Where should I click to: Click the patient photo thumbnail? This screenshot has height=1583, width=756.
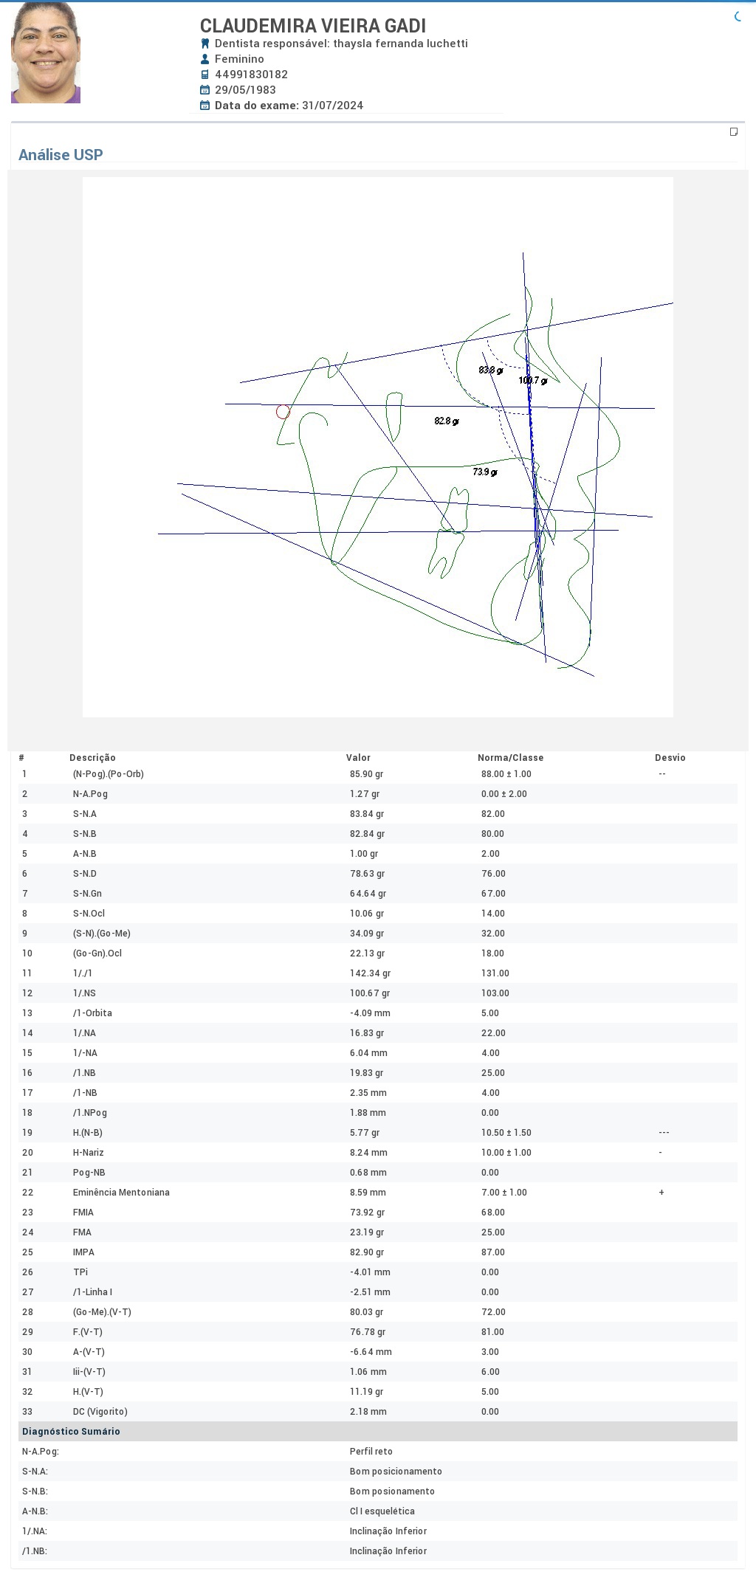pos(46,52)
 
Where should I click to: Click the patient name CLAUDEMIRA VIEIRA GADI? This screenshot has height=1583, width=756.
pos(313,26)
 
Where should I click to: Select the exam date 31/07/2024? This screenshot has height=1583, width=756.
pos(332,106)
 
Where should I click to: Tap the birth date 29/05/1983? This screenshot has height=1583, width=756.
pos(245,90)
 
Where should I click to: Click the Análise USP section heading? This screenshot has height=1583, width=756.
pos(61,155)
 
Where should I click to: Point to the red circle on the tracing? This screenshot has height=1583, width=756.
pos(283,412)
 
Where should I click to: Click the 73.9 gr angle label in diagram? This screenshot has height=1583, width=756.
pos(485,472)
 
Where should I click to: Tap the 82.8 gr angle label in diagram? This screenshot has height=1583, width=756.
pos(447,421)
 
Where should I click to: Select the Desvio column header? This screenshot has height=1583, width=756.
pos(670,758)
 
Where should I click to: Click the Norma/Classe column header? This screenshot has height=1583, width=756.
pos(510,758)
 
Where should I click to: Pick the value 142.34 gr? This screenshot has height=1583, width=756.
pos(370,973)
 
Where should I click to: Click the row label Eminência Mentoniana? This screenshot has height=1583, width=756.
pos(121,1193)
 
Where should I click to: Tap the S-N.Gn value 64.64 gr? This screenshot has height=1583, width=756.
pos(368,894)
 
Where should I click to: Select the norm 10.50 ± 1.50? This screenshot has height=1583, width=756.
pos(506,1133)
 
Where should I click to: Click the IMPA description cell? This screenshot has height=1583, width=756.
pos(83,1252)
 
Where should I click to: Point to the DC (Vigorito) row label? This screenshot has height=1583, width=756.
pos(100,1412)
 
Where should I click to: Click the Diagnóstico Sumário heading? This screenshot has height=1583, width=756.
pos(71,1432)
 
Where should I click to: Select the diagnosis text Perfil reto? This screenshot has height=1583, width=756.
pos(371,1452)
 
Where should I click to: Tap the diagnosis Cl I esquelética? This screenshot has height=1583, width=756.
pos(382,1511)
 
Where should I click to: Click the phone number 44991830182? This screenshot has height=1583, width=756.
pos(251,75)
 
